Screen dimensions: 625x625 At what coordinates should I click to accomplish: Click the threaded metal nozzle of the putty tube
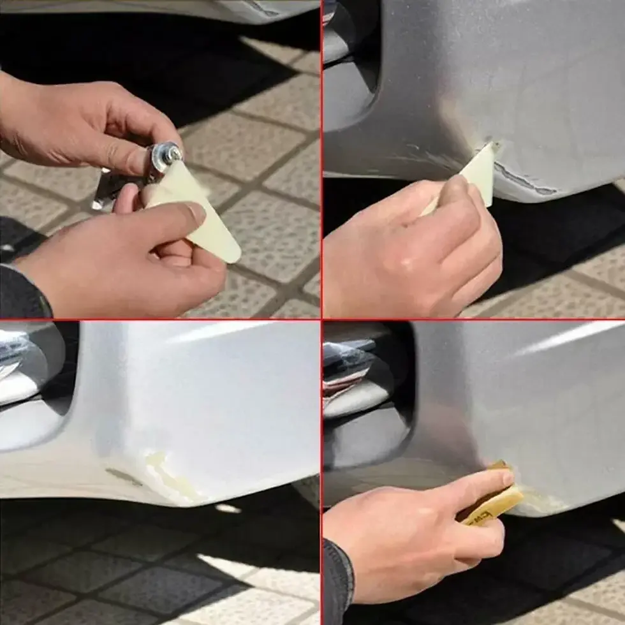coord(171,153)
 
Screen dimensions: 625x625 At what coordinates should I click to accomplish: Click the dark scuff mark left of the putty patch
coord(124,476)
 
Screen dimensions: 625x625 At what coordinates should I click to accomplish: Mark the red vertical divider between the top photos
coord(321,159)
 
